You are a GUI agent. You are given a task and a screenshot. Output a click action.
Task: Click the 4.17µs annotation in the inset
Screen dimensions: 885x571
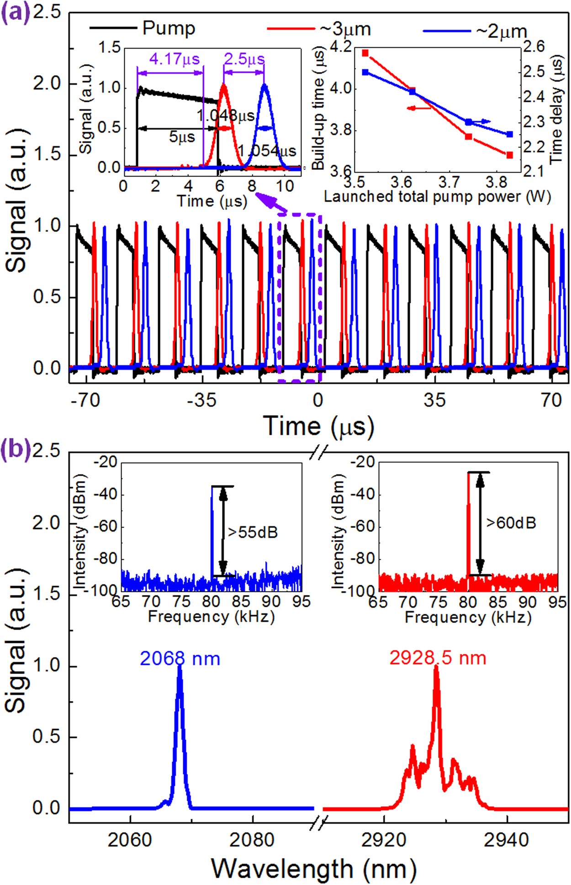174,59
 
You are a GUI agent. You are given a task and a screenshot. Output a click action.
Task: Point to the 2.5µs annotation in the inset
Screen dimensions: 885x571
244,59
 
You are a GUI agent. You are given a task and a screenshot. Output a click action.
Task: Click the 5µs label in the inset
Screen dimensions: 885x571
182,137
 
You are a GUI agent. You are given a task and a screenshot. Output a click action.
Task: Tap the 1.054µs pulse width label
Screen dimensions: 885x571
267,151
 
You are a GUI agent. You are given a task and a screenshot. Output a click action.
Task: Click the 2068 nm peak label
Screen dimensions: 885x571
180,658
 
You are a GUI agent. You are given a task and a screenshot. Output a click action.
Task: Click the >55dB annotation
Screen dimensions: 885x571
253,532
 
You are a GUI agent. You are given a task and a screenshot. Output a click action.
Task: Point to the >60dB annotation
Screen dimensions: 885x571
511,522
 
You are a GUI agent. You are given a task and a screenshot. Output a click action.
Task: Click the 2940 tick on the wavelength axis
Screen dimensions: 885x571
506,839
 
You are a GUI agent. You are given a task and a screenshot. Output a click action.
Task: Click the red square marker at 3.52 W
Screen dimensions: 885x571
365,53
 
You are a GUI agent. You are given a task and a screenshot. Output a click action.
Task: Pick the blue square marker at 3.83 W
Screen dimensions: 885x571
510,134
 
